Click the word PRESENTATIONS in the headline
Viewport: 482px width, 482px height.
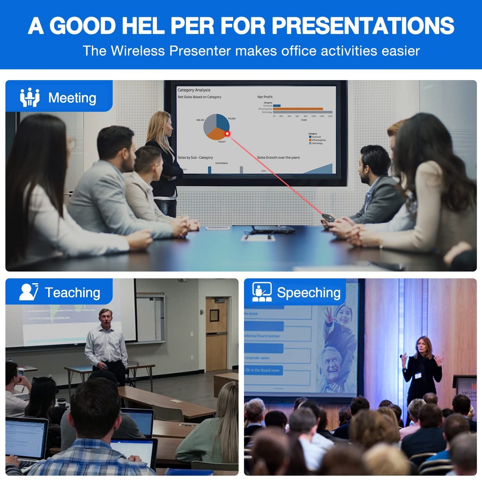[363, 26]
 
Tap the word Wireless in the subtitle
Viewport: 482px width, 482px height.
[137, 51]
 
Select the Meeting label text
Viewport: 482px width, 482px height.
[72, 98]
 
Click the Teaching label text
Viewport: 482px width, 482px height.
[72, 293]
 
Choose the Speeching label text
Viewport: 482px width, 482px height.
[309, 293]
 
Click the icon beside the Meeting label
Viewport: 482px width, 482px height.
[30, 97]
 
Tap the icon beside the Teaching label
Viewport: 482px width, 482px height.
[29, 292]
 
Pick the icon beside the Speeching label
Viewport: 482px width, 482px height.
[262, 292]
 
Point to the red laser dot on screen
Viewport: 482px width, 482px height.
[227, 133]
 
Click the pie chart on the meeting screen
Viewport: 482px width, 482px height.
[216, 126]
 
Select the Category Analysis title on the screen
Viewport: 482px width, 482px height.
[194, 90]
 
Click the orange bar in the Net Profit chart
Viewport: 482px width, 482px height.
[298, 109]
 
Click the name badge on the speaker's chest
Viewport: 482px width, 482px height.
[418, 376]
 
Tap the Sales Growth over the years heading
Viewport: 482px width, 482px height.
[278, 157]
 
